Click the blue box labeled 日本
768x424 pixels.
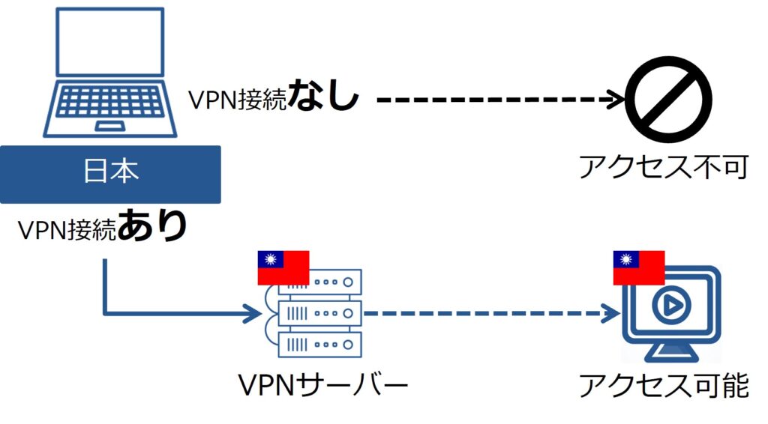(x=110, y=174)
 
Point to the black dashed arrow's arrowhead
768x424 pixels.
(x=618, y=99)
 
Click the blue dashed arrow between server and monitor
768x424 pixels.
(x=487, y=313)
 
